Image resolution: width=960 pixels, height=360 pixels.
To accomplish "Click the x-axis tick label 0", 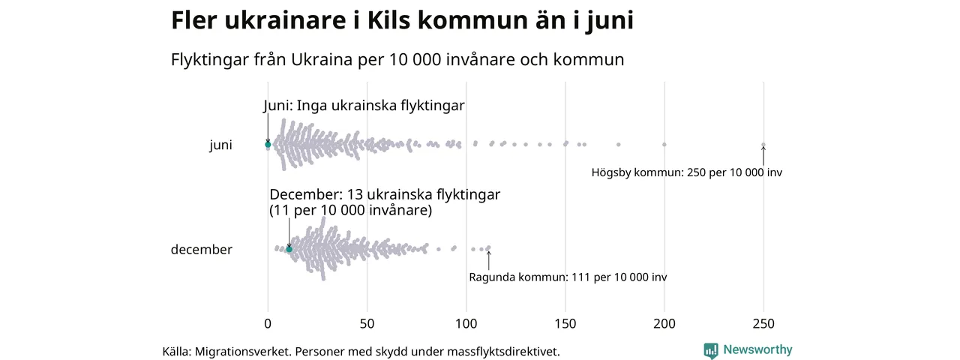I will pos(268,324).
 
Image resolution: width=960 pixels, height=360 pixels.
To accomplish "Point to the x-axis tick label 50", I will pos(367,324).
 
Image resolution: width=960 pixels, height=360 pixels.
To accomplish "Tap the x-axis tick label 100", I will pos(466,324).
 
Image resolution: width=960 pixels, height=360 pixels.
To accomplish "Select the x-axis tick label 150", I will pos(565,324).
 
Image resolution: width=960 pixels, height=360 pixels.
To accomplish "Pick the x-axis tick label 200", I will pos(664,324).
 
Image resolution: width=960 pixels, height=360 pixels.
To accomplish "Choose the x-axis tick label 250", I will pos(763,324).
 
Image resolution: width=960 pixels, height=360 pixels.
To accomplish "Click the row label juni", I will pos(220,145).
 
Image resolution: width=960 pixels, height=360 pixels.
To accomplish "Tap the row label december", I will pos(202,250).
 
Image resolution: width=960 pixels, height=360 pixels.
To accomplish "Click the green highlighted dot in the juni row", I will pos(268,145).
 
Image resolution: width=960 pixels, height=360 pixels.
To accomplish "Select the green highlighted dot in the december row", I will pos(289,248).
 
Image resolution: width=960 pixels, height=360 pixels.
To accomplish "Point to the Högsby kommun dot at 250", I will pos(763,145).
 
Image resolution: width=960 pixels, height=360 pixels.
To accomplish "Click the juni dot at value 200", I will pos(664,144).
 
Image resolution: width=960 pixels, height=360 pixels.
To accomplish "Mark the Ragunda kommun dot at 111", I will pos(489,247).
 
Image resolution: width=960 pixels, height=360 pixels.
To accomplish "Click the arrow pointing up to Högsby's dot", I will pos(763,155).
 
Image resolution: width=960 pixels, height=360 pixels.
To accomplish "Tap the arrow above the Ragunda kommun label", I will pos(489,259).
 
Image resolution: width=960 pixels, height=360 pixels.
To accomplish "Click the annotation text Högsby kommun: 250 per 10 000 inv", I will pos(686,172).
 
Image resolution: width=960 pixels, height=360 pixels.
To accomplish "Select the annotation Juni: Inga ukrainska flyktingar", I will pos(364,106).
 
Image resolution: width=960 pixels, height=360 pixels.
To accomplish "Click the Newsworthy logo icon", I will pos(710,350).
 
